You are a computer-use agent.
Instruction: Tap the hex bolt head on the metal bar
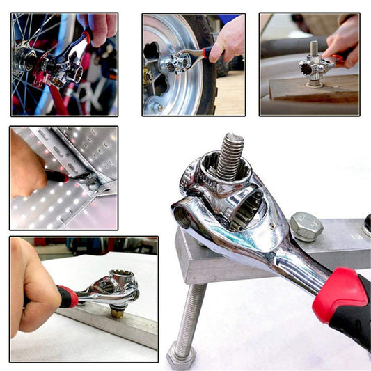coord(306,227)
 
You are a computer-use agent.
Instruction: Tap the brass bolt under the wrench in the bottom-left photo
coord(117,311)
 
